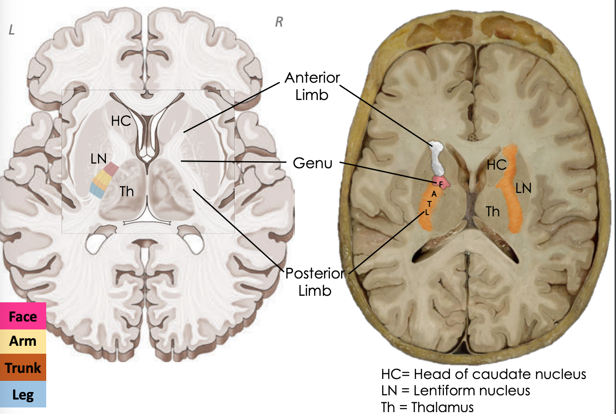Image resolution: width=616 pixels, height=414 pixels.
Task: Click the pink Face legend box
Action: pyautogui.click(x=23, y=316)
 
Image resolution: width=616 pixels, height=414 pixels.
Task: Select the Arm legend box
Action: pyautogui.click(x=23, y=341)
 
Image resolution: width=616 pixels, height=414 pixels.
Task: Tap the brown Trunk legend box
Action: pyautogui.click(x=23, y=368)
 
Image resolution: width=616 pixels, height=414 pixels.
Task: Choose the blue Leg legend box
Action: pyautogui.click(x=23, y=395)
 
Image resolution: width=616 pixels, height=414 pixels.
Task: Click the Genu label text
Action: pyautogui.click(x=313, y=163)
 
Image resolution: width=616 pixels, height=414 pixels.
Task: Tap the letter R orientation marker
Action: pyautogui.click(x=279, y=22)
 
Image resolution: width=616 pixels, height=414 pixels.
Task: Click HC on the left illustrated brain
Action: pyautogui.click(x=121, y=121)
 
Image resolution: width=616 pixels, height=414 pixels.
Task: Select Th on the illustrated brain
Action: pyautogui.click(x=126, y=191)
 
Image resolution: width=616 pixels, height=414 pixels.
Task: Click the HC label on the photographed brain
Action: pyautogui.click(x=497, y=164)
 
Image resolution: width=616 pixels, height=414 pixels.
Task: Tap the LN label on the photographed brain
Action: pyautogui.click(x=524, y=188)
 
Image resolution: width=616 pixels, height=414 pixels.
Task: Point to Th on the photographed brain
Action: pyautogui.click(x=493, y=212)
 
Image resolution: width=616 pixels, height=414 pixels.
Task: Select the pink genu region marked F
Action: pyautogui.click(x=441, y=182)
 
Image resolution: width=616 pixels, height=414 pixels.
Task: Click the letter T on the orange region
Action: pyautogui.click(x=429, y=204)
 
